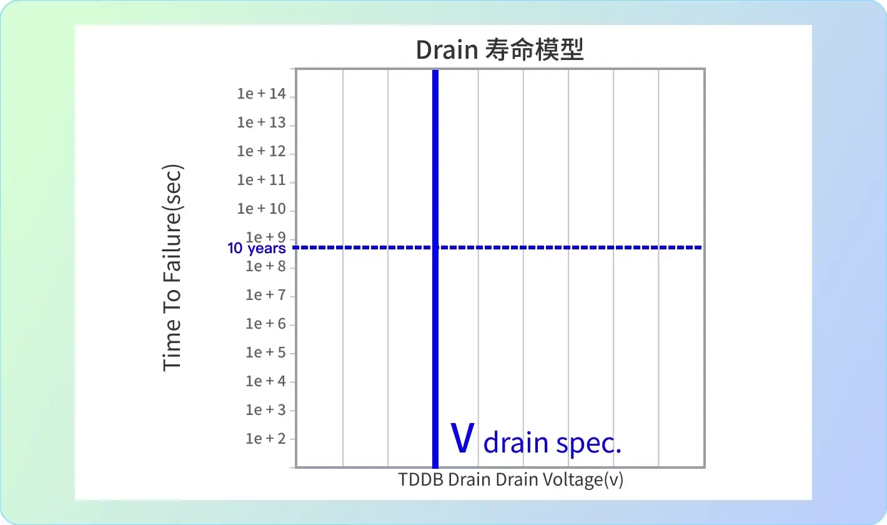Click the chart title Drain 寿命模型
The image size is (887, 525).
[500, 50]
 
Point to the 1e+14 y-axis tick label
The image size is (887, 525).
[261, 94]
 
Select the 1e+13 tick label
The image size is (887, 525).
[261, 122]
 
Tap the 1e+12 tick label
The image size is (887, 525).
[261, 151]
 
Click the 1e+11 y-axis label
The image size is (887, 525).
[261, 180]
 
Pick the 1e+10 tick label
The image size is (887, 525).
[261, 209]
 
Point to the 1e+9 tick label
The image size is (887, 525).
[265, 237]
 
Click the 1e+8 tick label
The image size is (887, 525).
[265, 266]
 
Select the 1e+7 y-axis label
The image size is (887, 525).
[265, 295]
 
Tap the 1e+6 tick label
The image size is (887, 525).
[265, 324]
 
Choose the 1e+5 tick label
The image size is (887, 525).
[265, 352]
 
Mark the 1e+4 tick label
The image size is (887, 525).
[265, 381]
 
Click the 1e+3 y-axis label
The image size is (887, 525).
[265, 410]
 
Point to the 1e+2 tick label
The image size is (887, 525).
[265, 439]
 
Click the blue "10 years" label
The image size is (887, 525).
[257, 248]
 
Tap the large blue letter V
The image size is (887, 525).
[462, 438]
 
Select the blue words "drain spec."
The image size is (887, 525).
[552, 443]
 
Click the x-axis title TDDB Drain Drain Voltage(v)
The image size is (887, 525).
[511, 479]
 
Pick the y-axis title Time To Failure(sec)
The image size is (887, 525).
[172, 268]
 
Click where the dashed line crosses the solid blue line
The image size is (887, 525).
[435, 247]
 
